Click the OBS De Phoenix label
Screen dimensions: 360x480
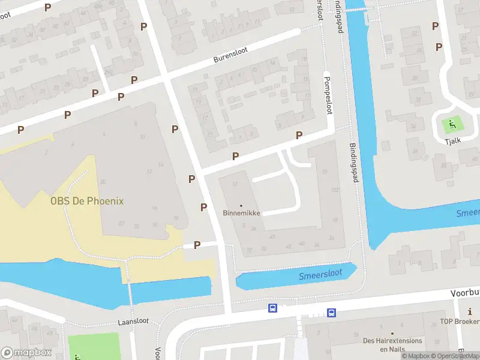(x=87, y=201)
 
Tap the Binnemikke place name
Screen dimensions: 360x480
(x=241, y=213)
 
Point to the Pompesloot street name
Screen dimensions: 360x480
(x=328, y=93)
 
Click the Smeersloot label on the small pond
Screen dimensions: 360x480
(x=320, y=275)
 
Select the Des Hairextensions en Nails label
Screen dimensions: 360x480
(x=392, y=344)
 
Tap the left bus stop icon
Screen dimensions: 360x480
(x=272, y=308)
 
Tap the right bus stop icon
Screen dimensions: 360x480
(x=331, y=312)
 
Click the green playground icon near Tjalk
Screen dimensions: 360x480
(x=452, y=124)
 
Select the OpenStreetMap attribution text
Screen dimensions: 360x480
(x=454, y=356)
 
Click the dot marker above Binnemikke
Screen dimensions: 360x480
(x=241, y=205)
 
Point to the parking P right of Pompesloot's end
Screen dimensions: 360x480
(x=299, y=136)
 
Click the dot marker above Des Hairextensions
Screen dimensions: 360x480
(x=392, y=332)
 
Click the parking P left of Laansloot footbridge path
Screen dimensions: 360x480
(x=197, y=245)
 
